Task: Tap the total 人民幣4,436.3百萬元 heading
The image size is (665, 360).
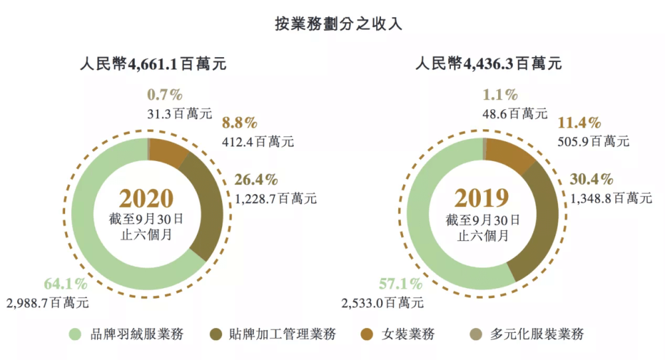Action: point(489,65)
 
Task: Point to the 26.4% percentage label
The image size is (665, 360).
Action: point(256,180)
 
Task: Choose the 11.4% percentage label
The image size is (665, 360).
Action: point(580,123)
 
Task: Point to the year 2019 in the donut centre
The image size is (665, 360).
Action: point(481,198)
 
